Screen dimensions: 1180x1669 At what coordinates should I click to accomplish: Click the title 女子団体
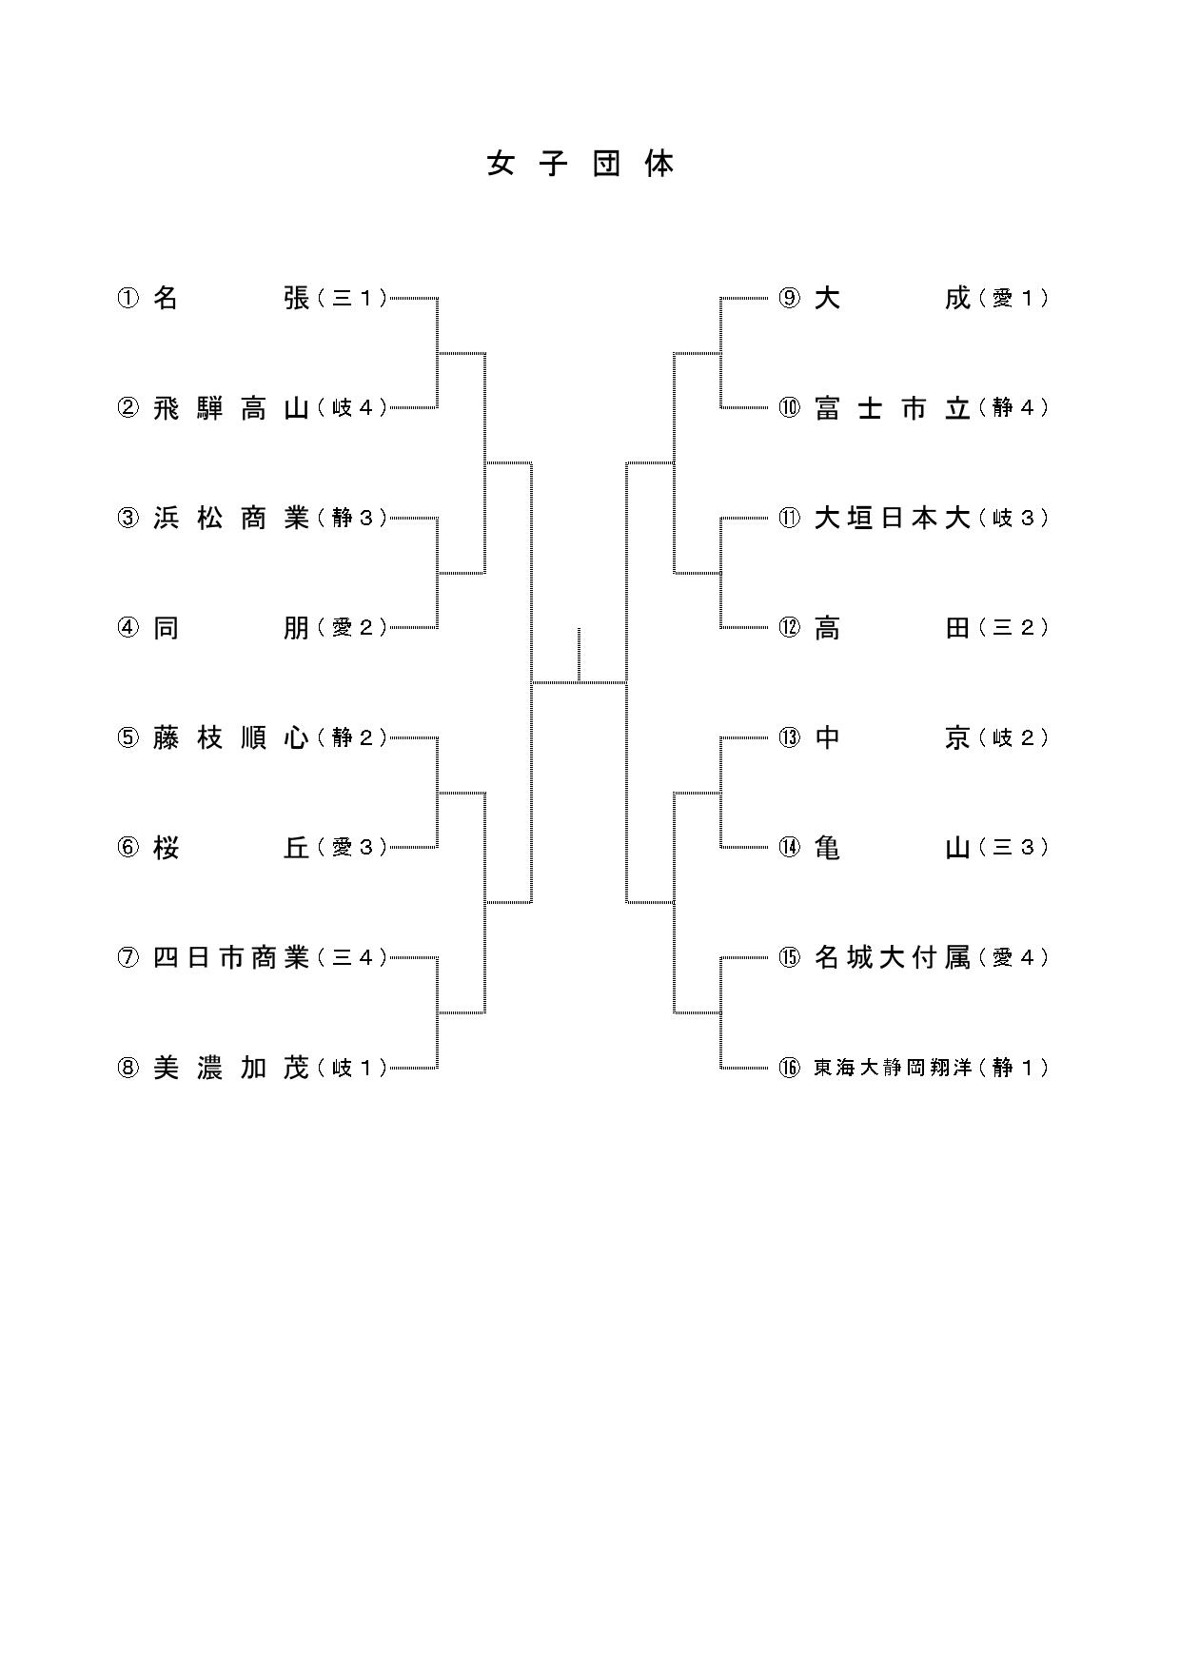click(x=580, y=165)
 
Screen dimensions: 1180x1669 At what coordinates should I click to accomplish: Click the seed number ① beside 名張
click(x=128, y=299)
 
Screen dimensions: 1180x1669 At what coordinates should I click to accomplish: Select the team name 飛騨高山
click(x=231, y=408)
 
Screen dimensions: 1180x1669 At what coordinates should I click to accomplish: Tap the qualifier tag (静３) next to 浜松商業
click(x=352, y=519)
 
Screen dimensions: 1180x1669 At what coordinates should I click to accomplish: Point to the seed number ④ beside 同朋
click(x=128, y=628)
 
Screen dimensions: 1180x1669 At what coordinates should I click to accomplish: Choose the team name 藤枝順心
click(x=231, y=738)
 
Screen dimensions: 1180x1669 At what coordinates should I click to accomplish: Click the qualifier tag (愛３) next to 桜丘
click(x=352, y=848)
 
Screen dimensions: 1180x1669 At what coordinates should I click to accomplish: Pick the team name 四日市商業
click(x=231, y=958)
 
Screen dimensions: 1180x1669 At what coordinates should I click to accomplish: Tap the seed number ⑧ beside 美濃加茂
click(x=128, y=1069)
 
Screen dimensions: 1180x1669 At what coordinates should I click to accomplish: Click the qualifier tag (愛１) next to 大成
click(x=1013, y=299)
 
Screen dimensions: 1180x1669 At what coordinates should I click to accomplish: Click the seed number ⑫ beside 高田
click(x=790, y=628)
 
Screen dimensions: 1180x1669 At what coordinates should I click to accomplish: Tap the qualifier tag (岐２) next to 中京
click(x=1013, y=738)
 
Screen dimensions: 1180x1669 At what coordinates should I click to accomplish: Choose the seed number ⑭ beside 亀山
click(x=790, y=848)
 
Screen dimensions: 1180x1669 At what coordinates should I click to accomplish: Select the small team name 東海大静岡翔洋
click(x=892, y=1069)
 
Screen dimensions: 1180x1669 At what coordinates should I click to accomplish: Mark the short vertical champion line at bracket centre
click(x=579, y=655)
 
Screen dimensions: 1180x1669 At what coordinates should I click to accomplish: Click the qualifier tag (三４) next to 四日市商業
click(x=352, y=958)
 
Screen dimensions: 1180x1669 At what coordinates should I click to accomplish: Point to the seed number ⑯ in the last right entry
click(x=790, y=1069)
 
